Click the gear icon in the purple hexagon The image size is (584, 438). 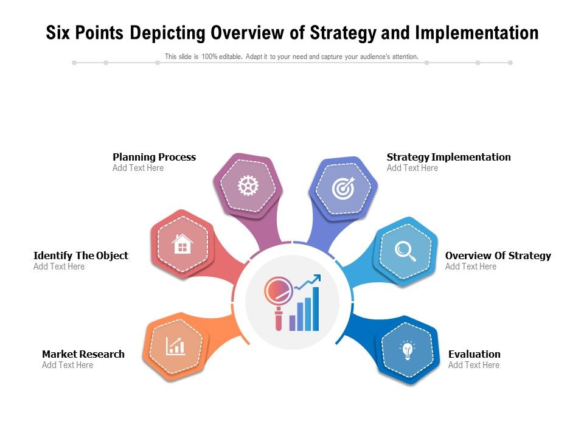(248, 186)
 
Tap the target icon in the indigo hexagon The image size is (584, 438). (343, 189)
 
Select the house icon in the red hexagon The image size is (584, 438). (182, 245)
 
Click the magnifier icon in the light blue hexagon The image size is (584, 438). (405, 251)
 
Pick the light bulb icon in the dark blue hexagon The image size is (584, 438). (407, 350)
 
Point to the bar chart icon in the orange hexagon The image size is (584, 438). (176, 346)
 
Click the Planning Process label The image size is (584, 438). (154, 157)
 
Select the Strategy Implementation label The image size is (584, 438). (448, 157)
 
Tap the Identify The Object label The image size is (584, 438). (81, 255)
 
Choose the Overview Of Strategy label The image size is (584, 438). (498, 255)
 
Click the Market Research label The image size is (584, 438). (83, 354)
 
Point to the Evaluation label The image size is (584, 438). (474, 354)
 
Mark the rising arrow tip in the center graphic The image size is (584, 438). (318, 278)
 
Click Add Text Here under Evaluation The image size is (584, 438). (473, 365)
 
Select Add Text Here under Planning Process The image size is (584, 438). (138, 168)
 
